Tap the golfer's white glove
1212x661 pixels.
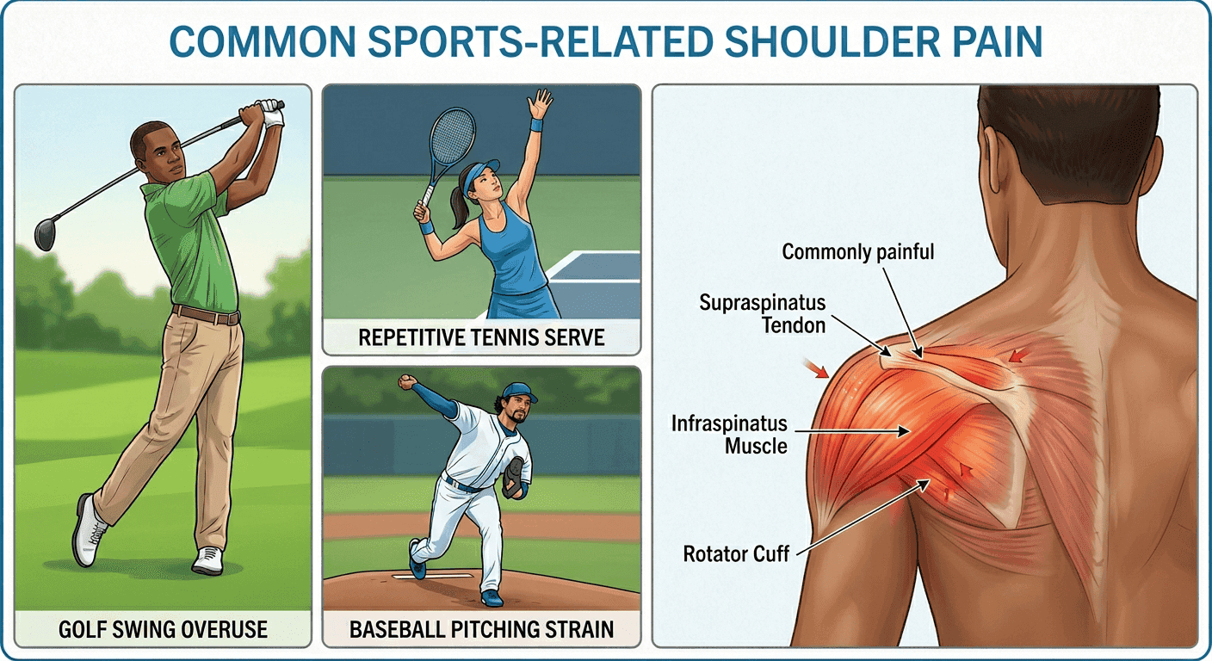(272, 113)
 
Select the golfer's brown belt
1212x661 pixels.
(206, 314)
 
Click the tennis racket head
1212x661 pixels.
(453, 136)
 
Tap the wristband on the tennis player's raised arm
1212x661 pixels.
(536, 125)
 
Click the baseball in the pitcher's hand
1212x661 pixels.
(405, 381)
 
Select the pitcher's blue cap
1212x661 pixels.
(519, 392)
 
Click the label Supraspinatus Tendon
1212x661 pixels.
(763, 314)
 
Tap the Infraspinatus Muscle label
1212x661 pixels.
(729, 435)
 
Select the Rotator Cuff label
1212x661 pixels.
(736, 554)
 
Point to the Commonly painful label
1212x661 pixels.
(857, 252)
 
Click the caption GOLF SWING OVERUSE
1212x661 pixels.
(163, 630)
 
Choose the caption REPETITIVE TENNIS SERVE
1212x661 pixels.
(481, 337)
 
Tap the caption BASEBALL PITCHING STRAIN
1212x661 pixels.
(481, 630)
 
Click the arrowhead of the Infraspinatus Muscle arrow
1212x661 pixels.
(904, 431)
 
